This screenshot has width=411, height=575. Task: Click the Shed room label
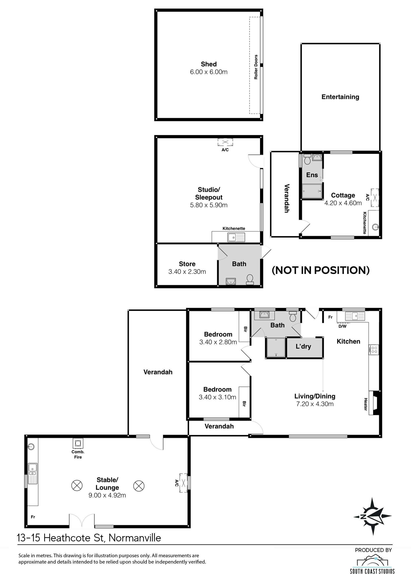[x=208, y=64]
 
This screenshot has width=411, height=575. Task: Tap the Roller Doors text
[x=256, y=67]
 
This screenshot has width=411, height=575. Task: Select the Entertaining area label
[x=340, y=97]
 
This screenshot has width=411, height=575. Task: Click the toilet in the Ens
[x=307, y=159]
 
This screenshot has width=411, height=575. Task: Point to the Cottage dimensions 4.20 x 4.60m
[x=343, y=203]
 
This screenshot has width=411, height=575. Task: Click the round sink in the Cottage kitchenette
[x=375, y=227]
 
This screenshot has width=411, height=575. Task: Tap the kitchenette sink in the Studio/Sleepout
[x=236, y=237]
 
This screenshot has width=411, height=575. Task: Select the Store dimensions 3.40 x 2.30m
[x=187, y=272]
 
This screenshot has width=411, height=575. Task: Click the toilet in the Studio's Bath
[x=249, y=279]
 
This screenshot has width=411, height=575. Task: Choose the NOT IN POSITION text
[x=320, y=270]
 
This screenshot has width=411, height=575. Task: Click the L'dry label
[x=303, y=346]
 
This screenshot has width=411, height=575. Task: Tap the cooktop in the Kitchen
[x=374, y=350]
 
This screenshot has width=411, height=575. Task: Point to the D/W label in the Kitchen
[x=342, y=326]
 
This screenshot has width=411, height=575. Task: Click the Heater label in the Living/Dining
[x=365, y=404]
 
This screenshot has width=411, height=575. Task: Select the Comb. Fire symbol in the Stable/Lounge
[x=78, y=443]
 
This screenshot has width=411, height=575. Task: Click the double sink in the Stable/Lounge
[x=32, y=473]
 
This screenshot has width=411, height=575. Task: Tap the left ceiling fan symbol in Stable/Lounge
[x=77, y=486]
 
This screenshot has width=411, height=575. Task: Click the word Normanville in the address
[x=135, y=538]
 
